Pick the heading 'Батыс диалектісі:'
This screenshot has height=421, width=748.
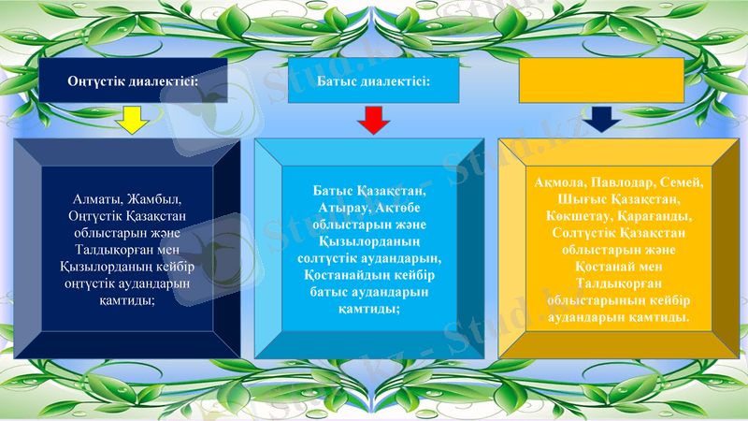tap(373, 81)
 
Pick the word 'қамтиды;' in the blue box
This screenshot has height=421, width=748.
tap(372, 309)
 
